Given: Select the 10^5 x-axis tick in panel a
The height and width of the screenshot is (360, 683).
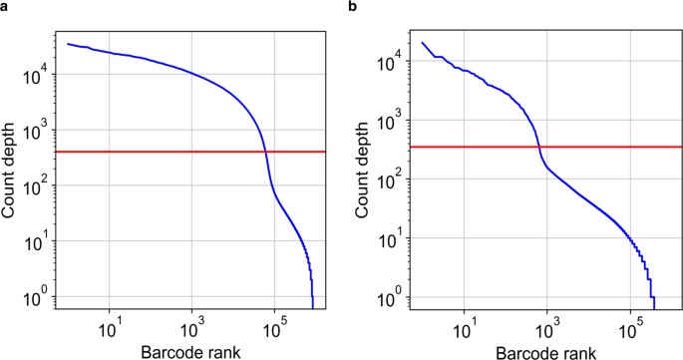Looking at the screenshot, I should tap(276, 325).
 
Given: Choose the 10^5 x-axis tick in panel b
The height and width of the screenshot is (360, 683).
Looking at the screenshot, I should tap(631, 325).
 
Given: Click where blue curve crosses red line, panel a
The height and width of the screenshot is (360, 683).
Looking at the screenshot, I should tap(265, 152).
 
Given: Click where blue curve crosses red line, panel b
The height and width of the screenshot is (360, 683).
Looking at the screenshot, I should tap(539, 147).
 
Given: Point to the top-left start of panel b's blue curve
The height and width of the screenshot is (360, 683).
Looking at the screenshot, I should tap(423, 43).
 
